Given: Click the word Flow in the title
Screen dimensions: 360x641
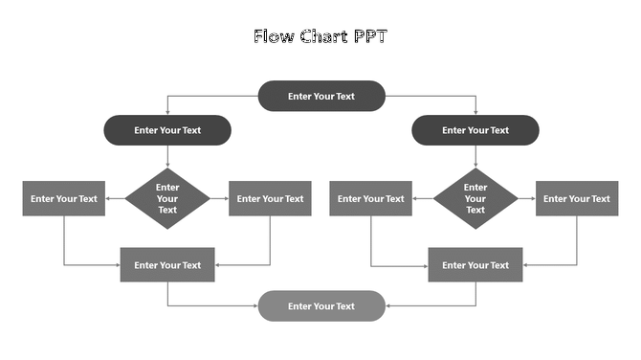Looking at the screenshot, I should (271, 37).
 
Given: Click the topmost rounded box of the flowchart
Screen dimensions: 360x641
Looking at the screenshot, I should (321, 96).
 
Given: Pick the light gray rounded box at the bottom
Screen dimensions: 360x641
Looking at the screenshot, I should (321, 306).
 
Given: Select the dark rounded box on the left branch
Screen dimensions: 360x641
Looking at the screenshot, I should (167, 130).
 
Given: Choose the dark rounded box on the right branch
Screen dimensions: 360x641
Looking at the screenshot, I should (475, 130).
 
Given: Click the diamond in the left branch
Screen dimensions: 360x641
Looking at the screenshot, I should (167, 198).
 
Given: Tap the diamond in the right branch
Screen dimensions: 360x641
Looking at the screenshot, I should (475, 198).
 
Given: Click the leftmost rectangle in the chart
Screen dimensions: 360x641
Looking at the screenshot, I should (64, 199).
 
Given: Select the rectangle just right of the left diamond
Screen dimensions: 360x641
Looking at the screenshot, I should (270, 199).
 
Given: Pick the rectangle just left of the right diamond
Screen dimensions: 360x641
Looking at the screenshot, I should (371, 199).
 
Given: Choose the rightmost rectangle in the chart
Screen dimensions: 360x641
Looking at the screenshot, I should (577, 199).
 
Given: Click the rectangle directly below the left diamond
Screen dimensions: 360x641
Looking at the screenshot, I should (167, 265).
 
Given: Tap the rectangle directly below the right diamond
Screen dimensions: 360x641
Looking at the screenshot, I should (475, 265).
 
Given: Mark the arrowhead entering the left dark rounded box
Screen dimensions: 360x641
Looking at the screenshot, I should (167, 112).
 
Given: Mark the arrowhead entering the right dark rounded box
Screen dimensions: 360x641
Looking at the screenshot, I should (475, 112).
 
